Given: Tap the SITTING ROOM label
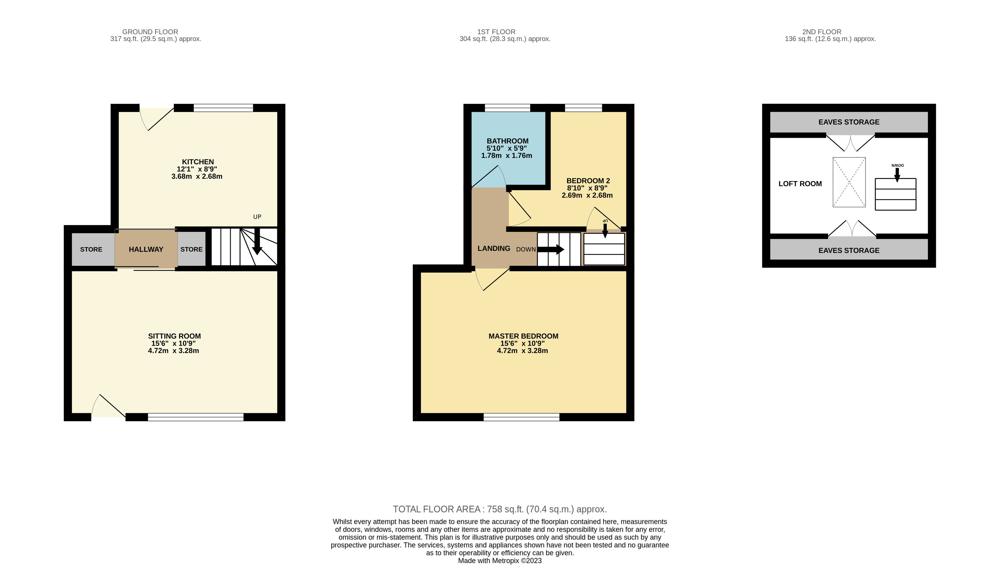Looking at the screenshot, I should coord(174,336).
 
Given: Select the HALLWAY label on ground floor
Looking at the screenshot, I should coord(146,249).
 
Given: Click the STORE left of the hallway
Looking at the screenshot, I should coord(91,249).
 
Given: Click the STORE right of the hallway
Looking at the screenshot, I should coord(191,249).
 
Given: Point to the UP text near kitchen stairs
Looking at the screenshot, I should coord(257,217).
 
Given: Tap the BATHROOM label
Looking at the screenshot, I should coord(507,141).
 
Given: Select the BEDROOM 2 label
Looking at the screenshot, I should coord(588,181).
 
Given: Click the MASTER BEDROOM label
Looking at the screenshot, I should coord(523,336).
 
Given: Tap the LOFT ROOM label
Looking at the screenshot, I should coord(800,184).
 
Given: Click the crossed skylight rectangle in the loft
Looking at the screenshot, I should coord(849,182).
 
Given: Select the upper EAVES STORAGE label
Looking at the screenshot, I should coord(849,122).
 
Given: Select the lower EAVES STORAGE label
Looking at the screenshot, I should coord(849,250).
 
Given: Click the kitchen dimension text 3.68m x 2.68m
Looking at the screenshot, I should coord(197,176).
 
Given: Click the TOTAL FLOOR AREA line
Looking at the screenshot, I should coord(500,509).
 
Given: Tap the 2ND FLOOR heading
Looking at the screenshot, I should coord(822,32).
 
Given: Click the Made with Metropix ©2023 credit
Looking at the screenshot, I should coord(500,561).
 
